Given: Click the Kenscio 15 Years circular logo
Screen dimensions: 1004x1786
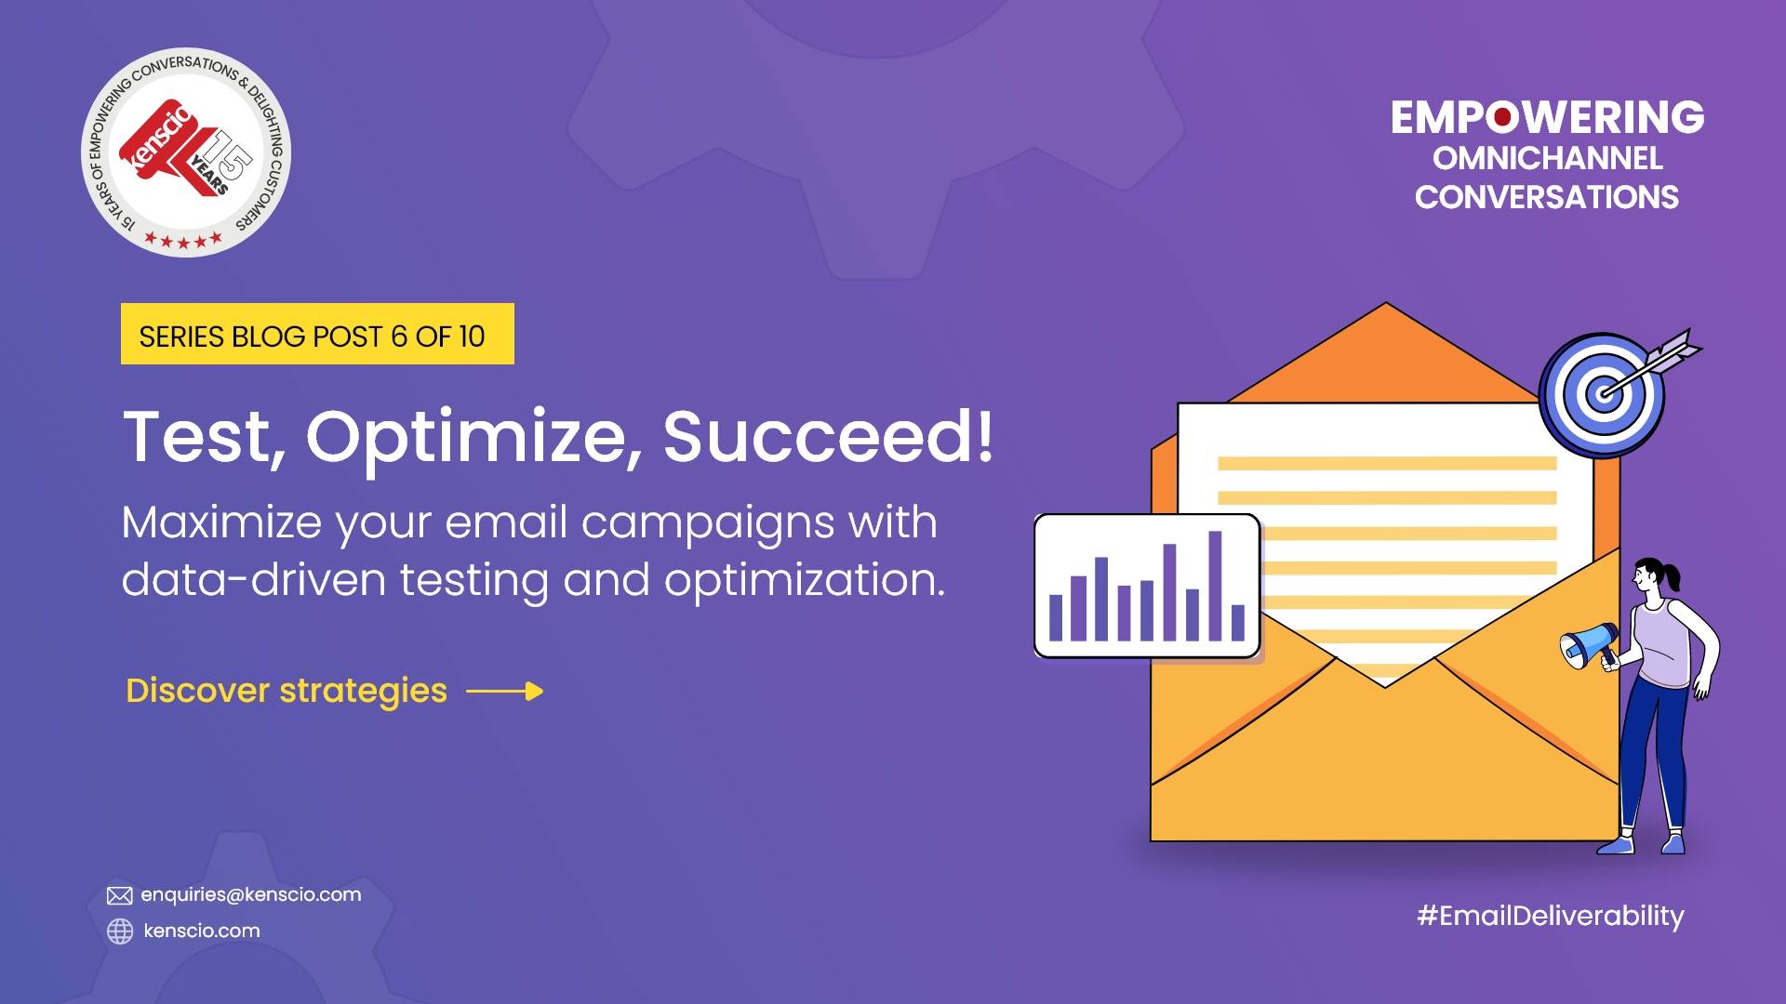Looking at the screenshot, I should pos(186,152).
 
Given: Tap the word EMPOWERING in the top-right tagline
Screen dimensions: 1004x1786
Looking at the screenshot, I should pos(1547,118).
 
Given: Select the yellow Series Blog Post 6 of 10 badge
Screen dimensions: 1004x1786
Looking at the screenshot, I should pos(317,334).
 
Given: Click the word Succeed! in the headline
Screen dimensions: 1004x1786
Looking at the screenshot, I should pos(828,436).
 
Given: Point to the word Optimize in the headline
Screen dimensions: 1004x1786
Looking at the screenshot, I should pos(468,436).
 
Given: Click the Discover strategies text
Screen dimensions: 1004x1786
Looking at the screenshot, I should pos(287,691).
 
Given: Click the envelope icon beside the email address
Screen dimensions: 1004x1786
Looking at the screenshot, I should pos(119,895).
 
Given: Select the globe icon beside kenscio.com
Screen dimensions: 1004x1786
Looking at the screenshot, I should pos(120,931).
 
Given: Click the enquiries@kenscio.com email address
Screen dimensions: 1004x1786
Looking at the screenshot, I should pos(251,894).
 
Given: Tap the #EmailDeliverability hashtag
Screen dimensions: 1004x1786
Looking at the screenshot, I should pos(1550,916).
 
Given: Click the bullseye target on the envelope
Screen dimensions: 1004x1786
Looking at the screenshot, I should pos(1602,394).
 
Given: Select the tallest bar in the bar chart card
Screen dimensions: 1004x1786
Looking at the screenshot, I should pos(1215,586).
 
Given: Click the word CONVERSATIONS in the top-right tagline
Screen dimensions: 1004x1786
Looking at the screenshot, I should pos(1547,197).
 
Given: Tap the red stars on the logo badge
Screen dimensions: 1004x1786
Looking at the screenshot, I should pos(183,241).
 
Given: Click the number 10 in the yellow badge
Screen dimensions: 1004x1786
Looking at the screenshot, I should pos(472,336).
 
